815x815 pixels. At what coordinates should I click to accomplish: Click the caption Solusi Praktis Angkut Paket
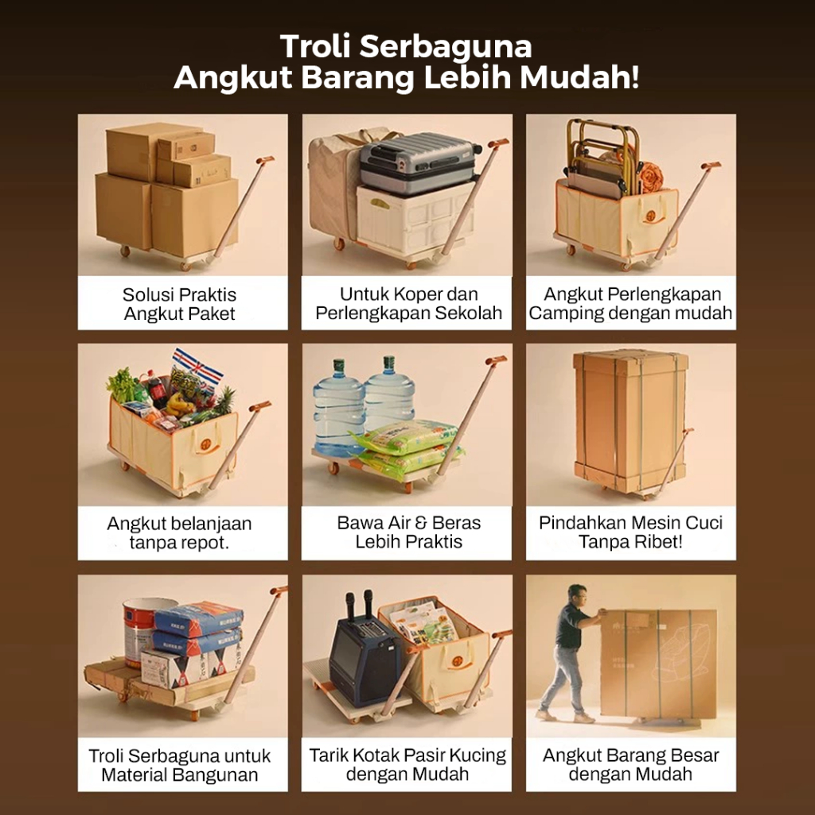(x=180, y=304)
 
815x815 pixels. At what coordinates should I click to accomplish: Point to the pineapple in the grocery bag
(x=224, y=401)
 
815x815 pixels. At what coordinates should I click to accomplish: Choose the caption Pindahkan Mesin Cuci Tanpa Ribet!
(x=630, y=532)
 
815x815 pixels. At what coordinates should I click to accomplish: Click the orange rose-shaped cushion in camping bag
(x=651, y=177)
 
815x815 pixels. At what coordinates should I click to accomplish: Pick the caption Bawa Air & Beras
(x=408, y=522)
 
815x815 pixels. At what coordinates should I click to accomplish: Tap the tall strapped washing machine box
(x=630, y=421)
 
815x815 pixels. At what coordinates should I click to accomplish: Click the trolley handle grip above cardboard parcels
(x=265, y=159)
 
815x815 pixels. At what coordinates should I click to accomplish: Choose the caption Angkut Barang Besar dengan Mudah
(x=630, y=764)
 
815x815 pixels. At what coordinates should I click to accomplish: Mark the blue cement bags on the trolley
(x=198, y=629)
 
